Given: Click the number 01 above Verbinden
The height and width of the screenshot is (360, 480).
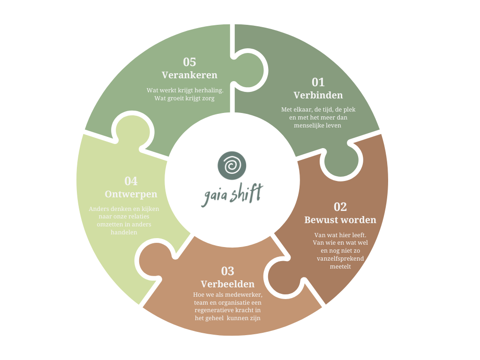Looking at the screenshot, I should [x=318, y=82].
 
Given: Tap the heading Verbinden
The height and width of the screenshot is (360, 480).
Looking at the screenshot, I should [x=318, y=95].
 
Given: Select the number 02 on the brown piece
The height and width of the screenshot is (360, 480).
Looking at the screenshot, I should [x=340, y=207].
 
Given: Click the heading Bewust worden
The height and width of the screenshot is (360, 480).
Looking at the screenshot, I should [x=340, y=220].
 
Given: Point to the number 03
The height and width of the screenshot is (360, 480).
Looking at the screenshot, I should [x=227, y=271].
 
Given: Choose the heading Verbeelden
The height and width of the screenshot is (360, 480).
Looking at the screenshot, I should [x=227, y=284].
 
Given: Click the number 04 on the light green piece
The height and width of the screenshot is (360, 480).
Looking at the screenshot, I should [x=131, y=181].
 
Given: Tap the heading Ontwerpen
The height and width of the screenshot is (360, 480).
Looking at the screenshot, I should [x=131, y=194].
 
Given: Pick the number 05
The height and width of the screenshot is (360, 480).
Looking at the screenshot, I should [x=189, y=62].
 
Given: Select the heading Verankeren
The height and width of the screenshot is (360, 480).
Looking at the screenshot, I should [x=189, y=75].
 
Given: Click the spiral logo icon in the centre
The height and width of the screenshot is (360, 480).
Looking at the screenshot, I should [x=232, y=165].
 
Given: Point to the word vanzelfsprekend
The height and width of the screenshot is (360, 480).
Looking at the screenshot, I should [x=340, y=259].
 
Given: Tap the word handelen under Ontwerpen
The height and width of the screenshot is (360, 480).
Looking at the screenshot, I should [x=124, y=232].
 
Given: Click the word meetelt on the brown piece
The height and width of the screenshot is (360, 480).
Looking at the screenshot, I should [x=340, y=267].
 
